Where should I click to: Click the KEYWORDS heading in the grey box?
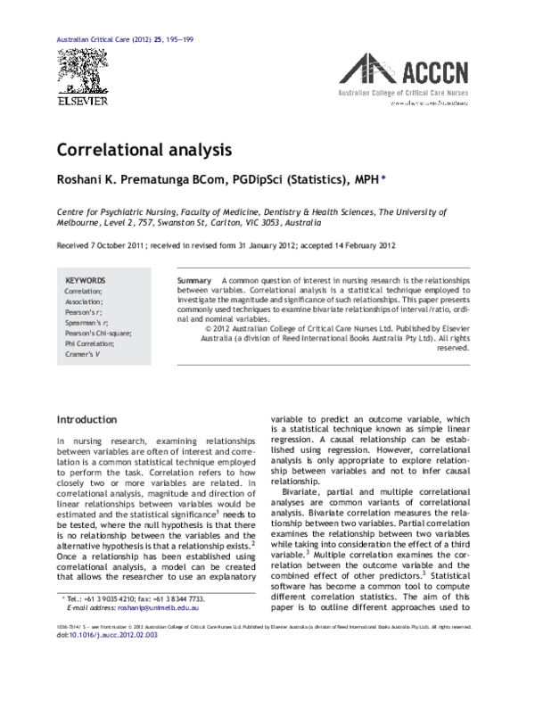point(86,279)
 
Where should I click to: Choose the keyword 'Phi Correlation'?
point(92,333)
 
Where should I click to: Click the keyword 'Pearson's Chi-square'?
point(98,322)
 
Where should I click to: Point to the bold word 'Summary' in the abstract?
point(195,279)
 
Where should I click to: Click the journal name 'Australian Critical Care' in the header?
point(95,43)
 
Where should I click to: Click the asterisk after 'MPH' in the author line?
point(383,177)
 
